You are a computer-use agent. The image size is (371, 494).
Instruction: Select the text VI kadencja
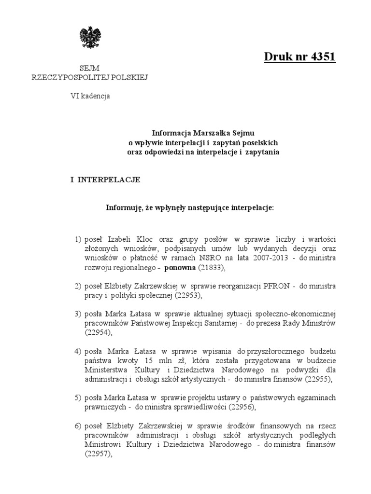90,96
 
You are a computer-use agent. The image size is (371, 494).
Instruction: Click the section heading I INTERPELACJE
105,179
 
